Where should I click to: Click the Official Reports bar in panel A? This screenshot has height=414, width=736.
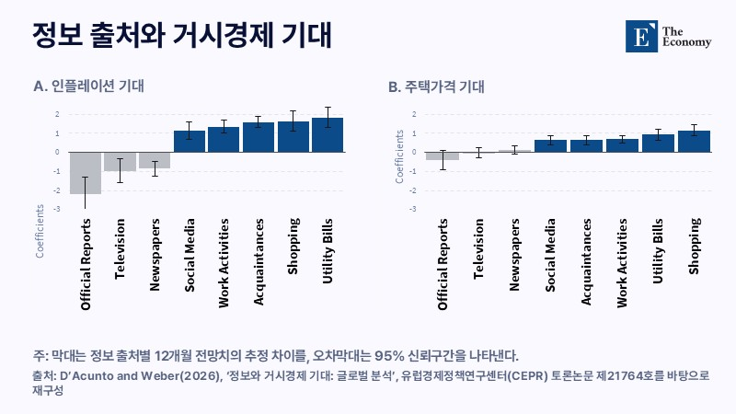[86, 173]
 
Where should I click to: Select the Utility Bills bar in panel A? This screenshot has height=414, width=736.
[328, 134]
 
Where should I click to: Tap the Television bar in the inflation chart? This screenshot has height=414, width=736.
[120, 162]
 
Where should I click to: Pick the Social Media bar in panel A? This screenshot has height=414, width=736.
[190, 142]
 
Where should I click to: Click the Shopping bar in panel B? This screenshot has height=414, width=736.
[695, 142]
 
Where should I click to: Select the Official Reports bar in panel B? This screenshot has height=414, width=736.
[443, 156]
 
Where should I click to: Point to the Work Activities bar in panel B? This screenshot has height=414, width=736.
[623, 145]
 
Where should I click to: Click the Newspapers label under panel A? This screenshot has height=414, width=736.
[155, 255]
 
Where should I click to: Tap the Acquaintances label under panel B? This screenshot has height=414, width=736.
[586, 262]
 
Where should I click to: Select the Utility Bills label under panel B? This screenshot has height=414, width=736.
[658, 250]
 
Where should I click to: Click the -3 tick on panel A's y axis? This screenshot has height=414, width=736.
[57, 209]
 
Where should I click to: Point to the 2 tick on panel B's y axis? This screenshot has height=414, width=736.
[414, 114]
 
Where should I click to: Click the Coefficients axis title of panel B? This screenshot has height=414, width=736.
[399, 156]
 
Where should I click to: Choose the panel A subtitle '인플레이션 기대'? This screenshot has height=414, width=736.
[98, 86]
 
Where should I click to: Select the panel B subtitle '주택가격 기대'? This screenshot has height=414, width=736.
[444, 86]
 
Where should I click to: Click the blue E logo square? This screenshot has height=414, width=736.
[641, 36]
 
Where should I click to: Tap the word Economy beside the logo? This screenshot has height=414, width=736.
[686, 42]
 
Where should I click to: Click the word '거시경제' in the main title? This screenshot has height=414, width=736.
[224, 35]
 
